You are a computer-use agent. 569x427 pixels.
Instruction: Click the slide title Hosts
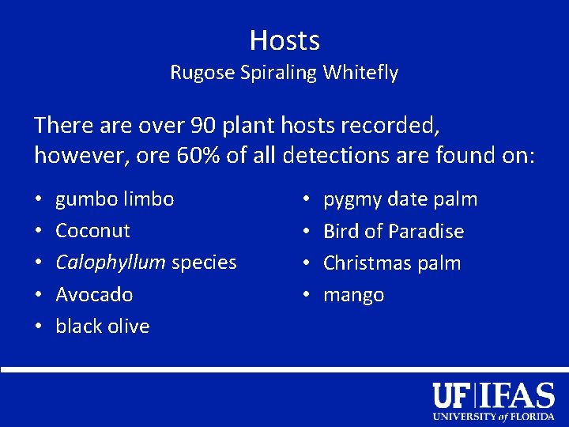tap(284, 40)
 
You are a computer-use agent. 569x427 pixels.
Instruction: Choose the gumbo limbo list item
tap(115, 199)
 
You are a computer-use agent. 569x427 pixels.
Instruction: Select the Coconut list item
tap(92, 231)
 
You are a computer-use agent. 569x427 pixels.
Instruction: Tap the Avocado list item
tap(94, 295)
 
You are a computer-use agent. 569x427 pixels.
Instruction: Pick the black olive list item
tap(102, 327)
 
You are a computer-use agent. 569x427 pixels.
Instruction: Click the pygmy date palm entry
tap(400, 199)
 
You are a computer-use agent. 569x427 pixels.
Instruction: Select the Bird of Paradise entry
tap(394, 232)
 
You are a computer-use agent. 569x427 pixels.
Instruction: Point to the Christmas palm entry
tap(392, 263)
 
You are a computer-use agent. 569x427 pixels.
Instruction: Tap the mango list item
tap(353, 296)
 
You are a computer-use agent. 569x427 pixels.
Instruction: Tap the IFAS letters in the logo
tap(518, 395)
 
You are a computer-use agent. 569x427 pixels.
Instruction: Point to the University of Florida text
tap(493, 417)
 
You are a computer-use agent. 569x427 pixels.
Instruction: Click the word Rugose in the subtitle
tap(196, 74)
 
